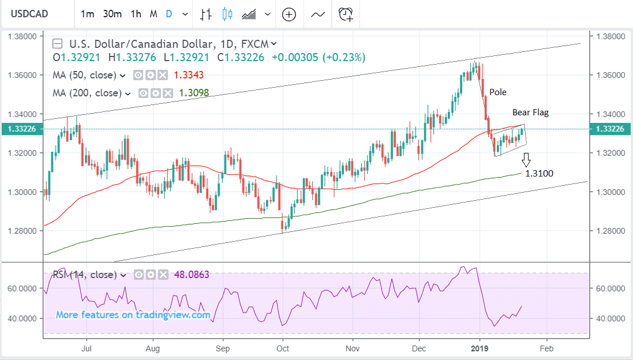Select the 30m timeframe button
click(x=113, y=14)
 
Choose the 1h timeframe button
click(x=136, y=14)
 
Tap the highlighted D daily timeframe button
click(x=168, y=14)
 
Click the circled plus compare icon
click(x=289, y=14)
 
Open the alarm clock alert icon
click(x=346, y=14)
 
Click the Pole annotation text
click(x=498, y=92)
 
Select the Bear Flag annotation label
click(x=531, y=113)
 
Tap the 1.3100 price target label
click(x=540, y=173)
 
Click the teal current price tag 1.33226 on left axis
click(x=21, y=129)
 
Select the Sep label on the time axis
click(x=223, y=348)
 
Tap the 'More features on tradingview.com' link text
click(x=133, y=315)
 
